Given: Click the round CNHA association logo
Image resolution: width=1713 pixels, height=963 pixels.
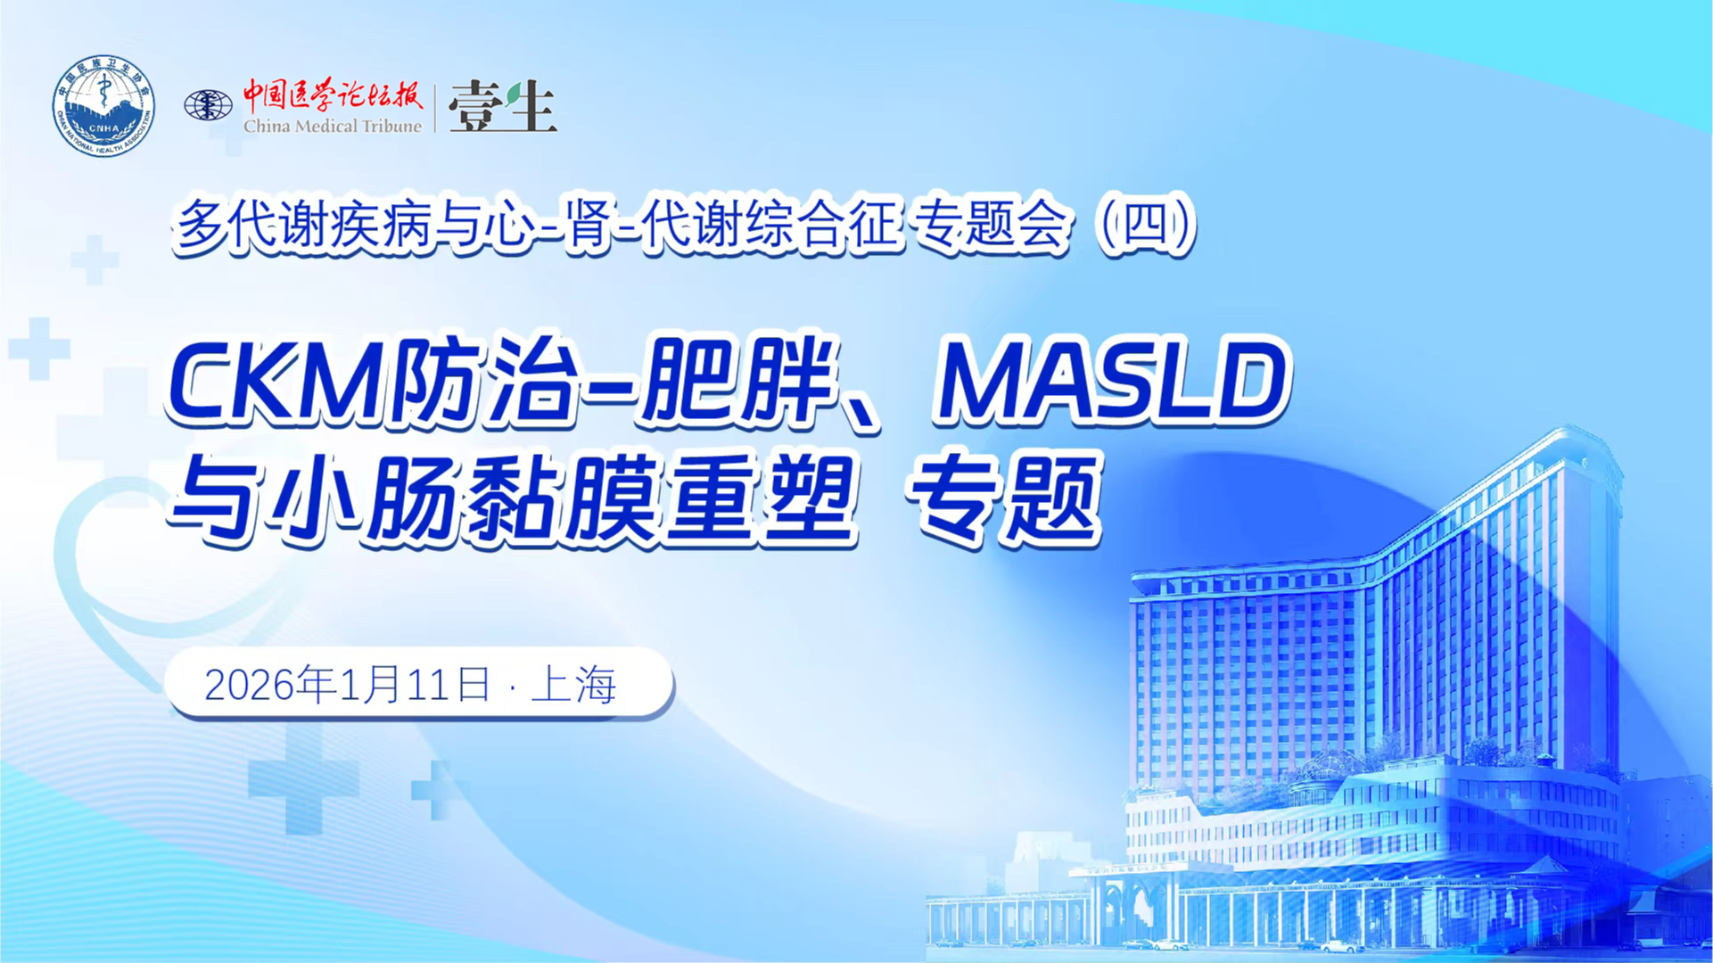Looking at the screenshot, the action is [x=103, y=105].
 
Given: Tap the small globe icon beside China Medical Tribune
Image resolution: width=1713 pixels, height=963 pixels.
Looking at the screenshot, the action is [x=208, y=105].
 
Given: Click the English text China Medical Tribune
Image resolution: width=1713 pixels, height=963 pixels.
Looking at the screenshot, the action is [x=333, y=126].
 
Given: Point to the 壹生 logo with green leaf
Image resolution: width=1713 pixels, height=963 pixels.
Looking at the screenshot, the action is [x=503, y=106].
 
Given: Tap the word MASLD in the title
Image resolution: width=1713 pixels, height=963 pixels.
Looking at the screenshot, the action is [x=1111, y=381].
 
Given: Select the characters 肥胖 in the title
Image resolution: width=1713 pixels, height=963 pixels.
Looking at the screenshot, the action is [x=739, y=381].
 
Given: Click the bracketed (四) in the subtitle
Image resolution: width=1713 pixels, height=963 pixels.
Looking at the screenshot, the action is [x=1147, y=224].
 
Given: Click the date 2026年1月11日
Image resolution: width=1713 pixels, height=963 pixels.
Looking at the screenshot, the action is [x=348, y=685].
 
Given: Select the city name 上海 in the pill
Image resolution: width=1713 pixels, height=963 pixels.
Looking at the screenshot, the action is [x=573, y=685].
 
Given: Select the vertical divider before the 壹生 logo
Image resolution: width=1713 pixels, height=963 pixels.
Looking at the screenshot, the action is [x=435, y=108].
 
